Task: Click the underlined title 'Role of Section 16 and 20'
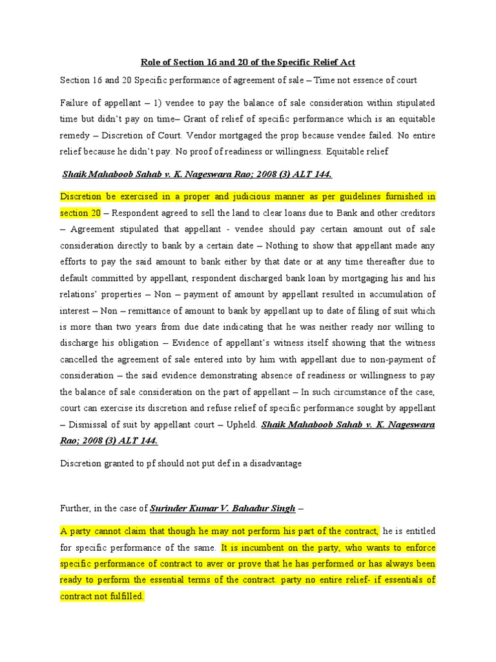pyautogui.click(x=248, y=62)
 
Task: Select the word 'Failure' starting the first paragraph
pyautogui.click(x=76, y=103)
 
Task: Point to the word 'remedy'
pyautogui.click(x=76, y=136)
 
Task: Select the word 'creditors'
pyautogui.click(x=415, y=213)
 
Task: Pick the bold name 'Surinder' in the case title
pyautogui.click(x=169, y=509)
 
